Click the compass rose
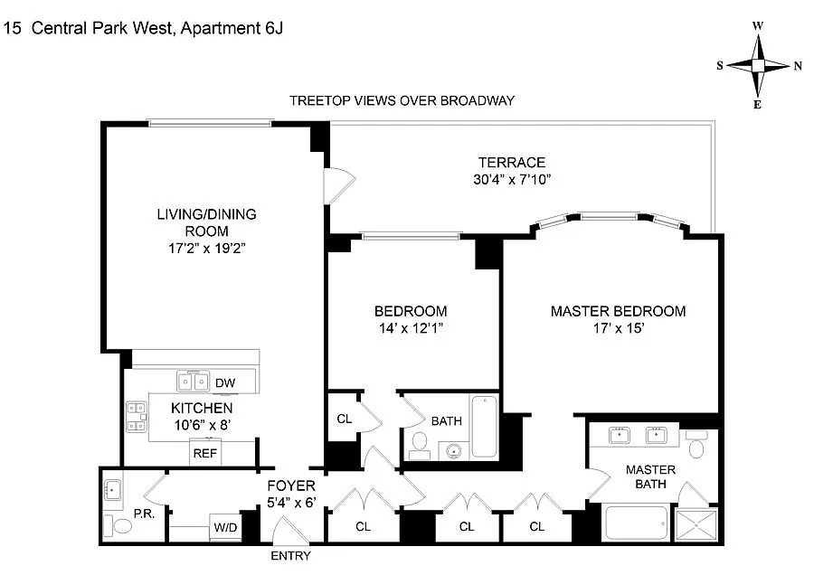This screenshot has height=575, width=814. coord(759,65)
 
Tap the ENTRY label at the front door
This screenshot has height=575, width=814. coord(290,556)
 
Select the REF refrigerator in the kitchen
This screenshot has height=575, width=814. coord(203,452)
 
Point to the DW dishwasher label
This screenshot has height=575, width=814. coord(224,383)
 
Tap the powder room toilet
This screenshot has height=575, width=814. coord(110,524)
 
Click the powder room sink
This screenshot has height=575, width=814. coord(113,491)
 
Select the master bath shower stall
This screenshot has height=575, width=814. coord(700,523)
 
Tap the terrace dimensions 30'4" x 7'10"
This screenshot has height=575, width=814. coord(512,179)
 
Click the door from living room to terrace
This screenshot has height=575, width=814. coord(335,184)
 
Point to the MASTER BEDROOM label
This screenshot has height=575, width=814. coord(618,311)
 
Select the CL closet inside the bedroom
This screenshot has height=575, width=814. coord(344,419)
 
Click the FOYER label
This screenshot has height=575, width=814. coord(291,485)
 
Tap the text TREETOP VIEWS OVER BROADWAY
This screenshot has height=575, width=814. coord(402,100)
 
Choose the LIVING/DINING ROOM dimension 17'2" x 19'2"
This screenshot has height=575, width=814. coord(207,247)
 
